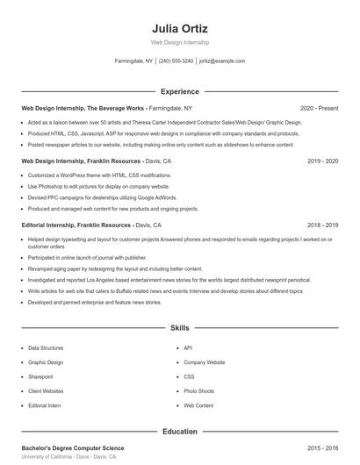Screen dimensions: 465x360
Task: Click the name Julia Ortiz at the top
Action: [180, 29]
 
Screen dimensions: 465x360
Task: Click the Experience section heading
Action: [180, 91]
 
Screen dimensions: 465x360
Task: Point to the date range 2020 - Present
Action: [319, 108]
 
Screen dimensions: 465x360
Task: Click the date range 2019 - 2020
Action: [323, 162]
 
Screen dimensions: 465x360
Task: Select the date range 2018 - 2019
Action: [323, 225]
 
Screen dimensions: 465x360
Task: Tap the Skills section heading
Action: [180, 327]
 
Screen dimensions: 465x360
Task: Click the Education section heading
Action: [180, 432]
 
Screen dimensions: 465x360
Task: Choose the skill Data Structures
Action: [46, 347]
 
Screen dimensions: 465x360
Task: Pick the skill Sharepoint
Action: [40, 376]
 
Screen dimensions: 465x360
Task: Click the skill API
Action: [188, 347]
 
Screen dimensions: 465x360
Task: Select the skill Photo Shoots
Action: [198, 391]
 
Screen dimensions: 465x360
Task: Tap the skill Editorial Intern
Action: [45, 406]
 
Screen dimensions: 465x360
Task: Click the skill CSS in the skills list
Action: [189, 376]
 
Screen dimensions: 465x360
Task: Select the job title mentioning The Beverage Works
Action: [83, 108]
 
